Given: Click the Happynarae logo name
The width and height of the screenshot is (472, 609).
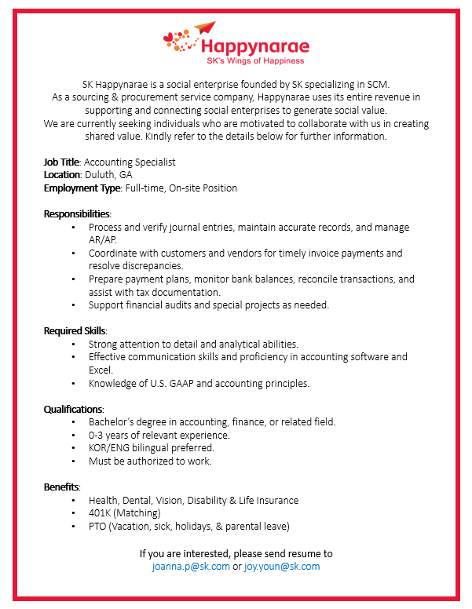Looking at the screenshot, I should [254, 46].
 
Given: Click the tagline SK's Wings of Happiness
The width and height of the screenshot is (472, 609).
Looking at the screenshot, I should [254, 60].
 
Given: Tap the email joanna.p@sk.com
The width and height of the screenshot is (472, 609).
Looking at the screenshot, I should [191, 566].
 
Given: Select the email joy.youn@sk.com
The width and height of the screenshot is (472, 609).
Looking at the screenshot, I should [282, 566].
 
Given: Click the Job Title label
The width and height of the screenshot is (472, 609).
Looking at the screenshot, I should [61, 162].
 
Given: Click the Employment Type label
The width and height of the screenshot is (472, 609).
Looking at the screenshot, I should [82, 188].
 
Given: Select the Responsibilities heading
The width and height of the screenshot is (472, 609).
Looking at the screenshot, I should [77, 213].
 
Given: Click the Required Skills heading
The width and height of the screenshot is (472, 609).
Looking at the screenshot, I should [75, 330].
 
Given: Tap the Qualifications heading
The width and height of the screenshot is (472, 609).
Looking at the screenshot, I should [73, 409].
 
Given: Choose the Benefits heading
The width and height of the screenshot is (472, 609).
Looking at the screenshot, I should [61, 487].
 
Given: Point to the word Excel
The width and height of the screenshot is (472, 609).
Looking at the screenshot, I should [101, 370].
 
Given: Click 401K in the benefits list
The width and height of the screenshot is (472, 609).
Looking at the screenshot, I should [100, 512].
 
